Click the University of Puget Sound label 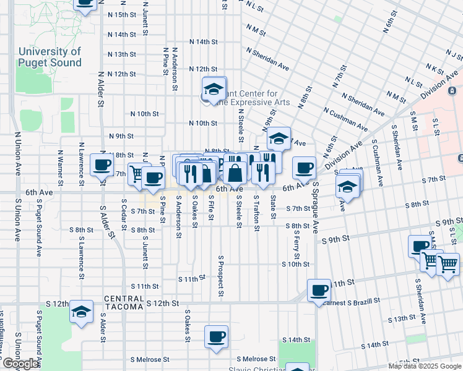[x=50, y=58]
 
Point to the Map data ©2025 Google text [x=425, y=366]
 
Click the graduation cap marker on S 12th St [x=80, y=312]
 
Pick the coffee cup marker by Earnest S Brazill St [x=319, y=290]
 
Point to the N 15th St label [x=121, y=14]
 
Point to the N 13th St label [x=121, y=54]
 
